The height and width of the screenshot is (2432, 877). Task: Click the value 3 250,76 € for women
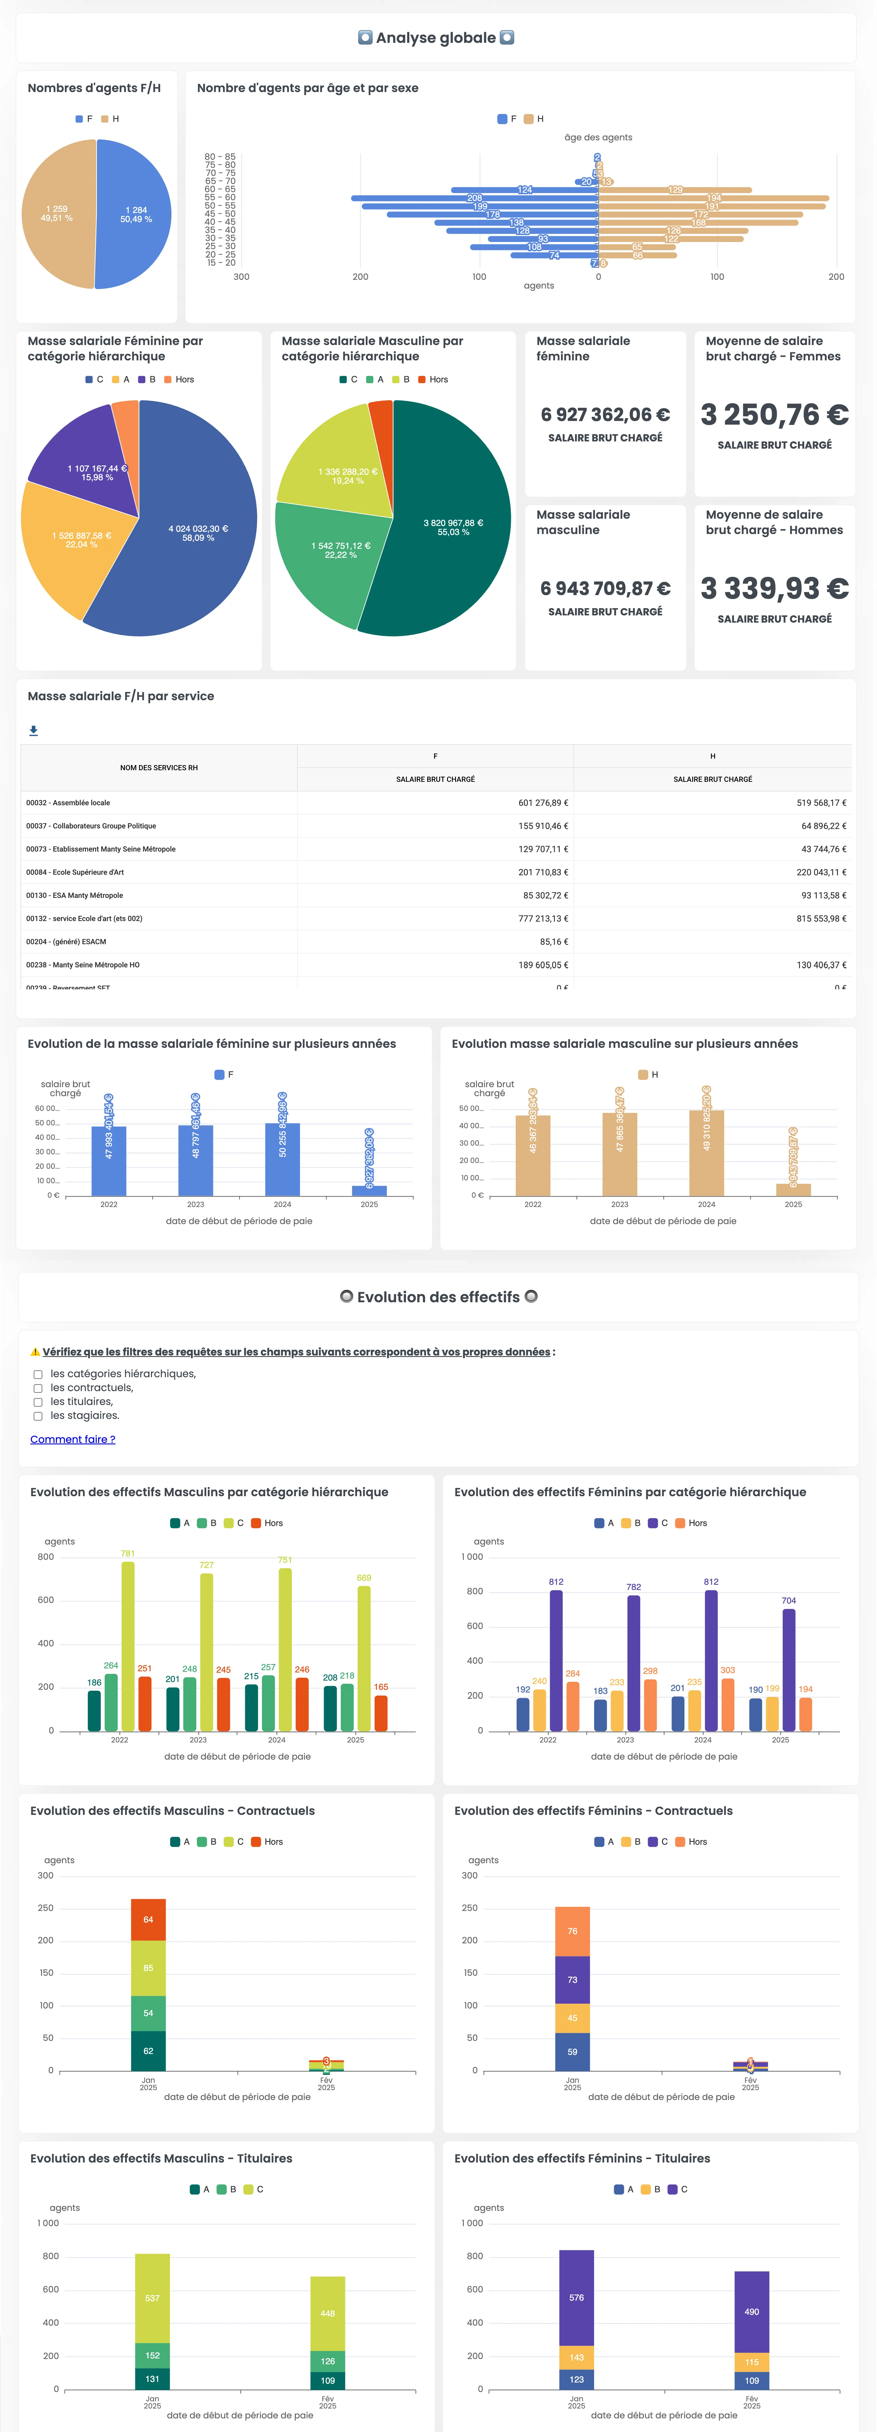[774, 414]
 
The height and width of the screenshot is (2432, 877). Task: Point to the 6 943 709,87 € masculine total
[605, 588]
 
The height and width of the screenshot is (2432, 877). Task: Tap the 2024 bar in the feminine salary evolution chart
[282, 1159]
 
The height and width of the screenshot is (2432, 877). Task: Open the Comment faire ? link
[73, 1439]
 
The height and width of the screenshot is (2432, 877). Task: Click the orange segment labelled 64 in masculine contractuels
[148, 1919]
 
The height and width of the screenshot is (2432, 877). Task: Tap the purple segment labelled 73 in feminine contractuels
[572, 1979]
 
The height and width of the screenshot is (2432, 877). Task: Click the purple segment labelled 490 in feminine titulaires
[751, 2311]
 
